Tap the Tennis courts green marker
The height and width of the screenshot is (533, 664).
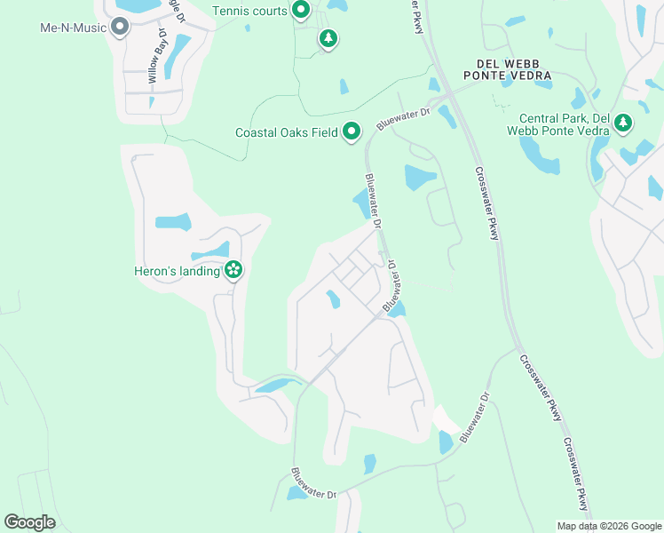pos(300,11)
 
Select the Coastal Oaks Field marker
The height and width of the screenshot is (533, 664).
pos(352,132)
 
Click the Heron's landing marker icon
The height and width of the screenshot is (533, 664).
pos(233,270)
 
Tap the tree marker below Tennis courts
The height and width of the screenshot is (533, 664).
pos(328,38)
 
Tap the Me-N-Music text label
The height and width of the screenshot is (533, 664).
pos(73,27)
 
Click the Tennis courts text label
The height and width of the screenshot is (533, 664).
pos(249,11)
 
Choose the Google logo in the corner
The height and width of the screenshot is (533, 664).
pos(30,522)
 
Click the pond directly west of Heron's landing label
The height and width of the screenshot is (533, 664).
pos(173,221)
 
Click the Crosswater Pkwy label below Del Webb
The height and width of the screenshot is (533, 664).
pos(486,203)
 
